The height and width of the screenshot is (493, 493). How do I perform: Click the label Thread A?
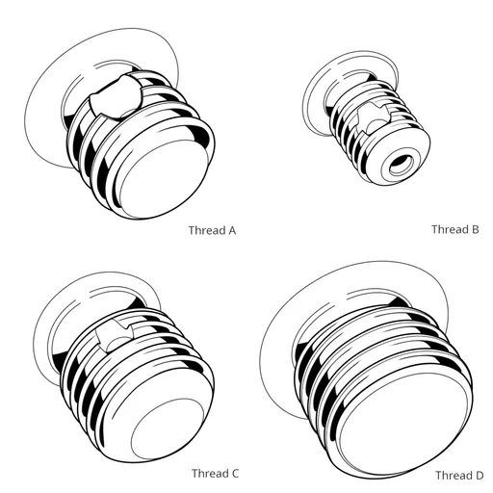click(213, 231)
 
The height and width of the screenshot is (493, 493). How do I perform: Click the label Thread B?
click(454, 229)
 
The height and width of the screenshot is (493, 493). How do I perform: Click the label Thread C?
click(215, 473)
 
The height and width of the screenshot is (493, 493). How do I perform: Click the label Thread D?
click(459, 476)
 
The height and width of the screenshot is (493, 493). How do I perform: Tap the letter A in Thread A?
click(231, 231)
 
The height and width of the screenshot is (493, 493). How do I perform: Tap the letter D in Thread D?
click(479, 476)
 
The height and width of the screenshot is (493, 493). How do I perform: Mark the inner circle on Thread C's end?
click(164, 428)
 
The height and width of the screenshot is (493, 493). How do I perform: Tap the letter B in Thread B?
click(475, 229)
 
